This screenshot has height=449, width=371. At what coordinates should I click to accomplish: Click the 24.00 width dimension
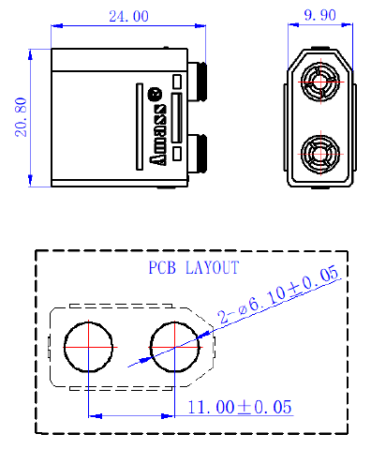click(128, 16)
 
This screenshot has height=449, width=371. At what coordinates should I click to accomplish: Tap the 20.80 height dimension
click(22, 117)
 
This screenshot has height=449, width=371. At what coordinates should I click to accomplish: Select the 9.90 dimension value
click(320, 15)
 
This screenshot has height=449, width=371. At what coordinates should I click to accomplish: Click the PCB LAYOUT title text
click(194, 267)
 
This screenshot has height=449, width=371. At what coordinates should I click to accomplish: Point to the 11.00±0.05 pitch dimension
click(240, 407)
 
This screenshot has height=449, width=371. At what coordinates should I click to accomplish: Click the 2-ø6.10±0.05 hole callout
click(278, 294)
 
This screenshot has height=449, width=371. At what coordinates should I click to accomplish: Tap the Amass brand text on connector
click(157, 135)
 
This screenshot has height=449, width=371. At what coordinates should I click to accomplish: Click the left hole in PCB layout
click(88, 347)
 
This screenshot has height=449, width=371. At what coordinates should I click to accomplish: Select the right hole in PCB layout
click(174, 347)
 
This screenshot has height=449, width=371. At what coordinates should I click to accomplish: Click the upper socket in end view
click(320, 82)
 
